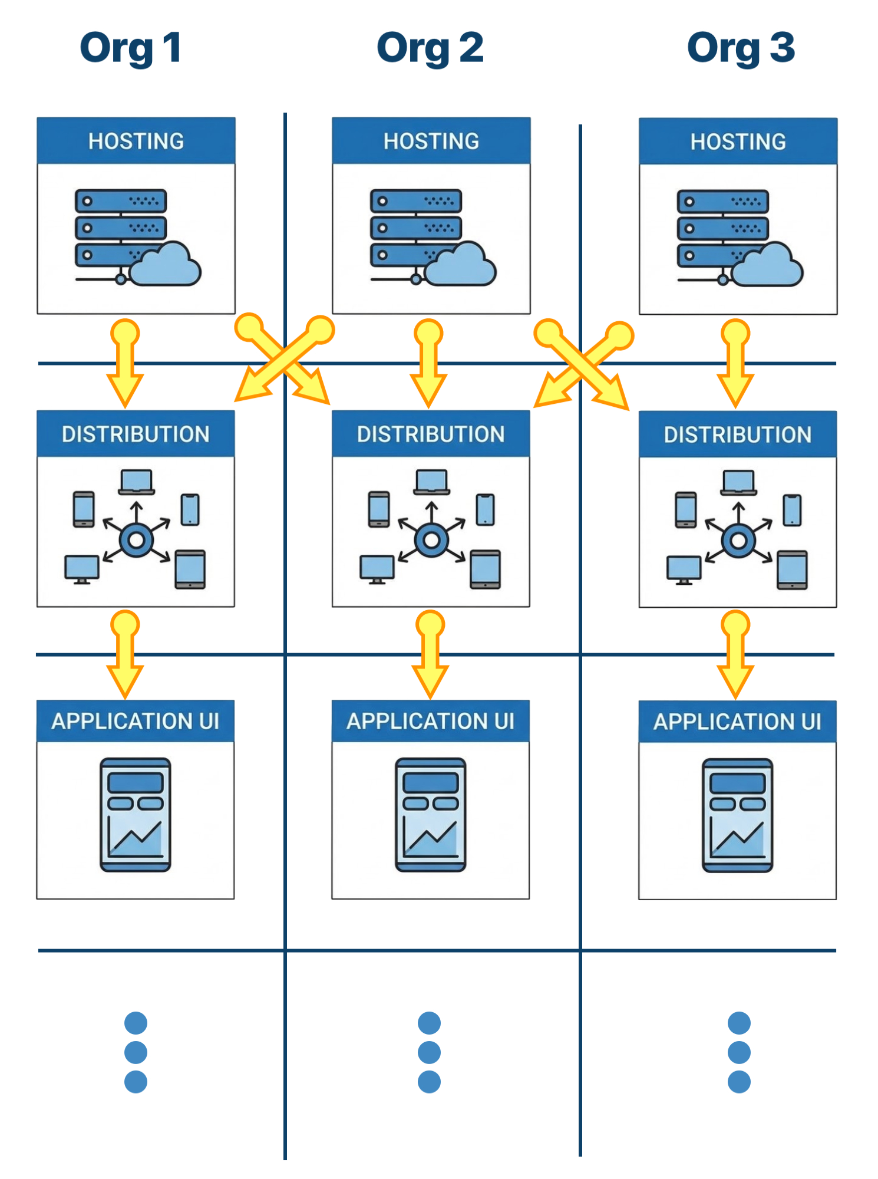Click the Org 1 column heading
coord(130,48)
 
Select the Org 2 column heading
coord(430,48)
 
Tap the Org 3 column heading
coord(741,48)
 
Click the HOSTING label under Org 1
coord(136,141)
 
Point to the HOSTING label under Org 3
coord(738,142)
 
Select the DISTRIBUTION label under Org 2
coord(431,434)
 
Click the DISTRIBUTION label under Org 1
coord(136,434)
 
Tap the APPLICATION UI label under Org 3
coord(737,722)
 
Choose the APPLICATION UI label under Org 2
coord(430,721)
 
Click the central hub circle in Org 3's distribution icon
coord(738,540)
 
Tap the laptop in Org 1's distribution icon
coord(137,482)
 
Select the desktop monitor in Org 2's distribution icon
coord(377,569)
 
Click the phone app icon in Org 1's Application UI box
coord(136,815)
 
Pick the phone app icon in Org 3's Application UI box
coord(737,815)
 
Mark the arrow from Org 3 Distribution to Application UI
coord(735,654)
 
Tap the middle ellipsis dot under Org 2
coord(429,1052)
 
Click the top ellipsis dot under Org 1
coord(136,1023)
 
